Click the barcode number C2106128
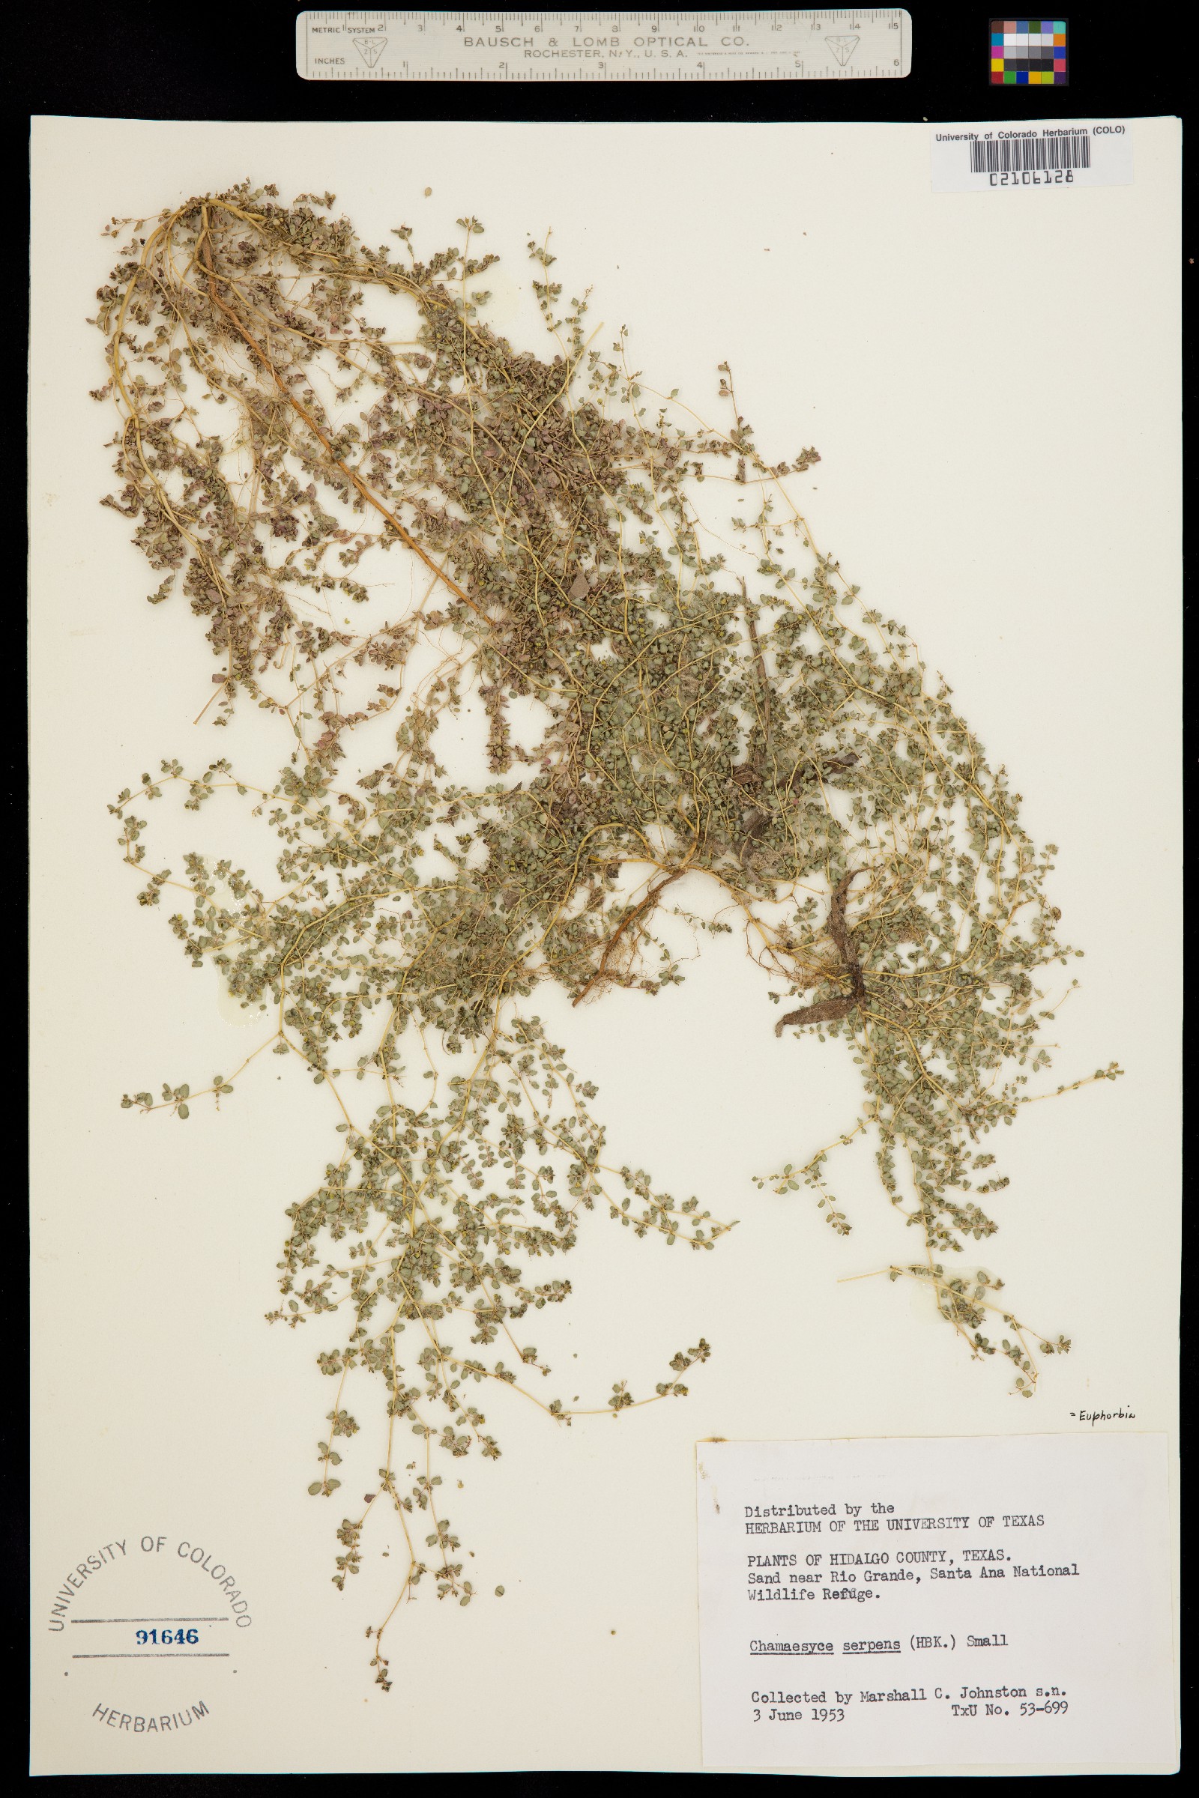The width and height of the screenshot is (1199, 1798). pyautogui.click(x=1031, y=178)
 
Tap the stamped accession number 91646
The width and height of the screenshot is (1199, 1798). pyautogui.click(x=167, y=1636)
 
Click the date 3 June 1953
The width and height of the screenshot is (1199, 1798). pyautogui.click(x=797, y=1715)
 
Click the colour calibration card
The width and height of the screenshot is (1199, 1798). pyautogui.click(x=1027, y=51)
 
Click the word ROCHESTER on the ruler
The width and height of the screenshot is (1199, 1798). pyautogui.click(x=558, y=54)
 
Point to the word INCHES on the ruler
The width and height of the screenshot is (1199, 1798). pyautogui.click(x=330, y=61)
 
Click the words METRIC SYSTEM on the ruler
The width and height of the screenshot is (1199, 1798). pyautogui.click(x=342, y=30)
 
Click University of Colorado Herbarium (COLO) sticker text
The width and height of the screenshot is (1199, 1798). pyautogui.click(x=1029, y=133)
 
